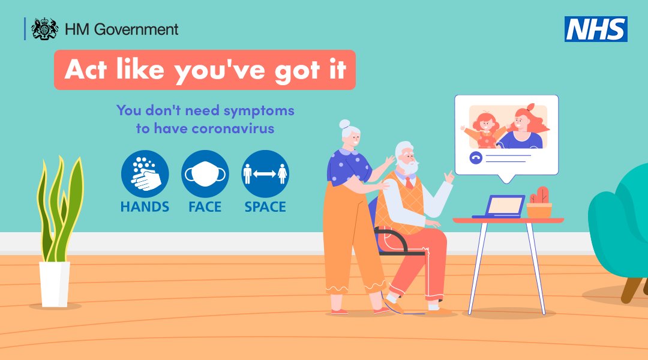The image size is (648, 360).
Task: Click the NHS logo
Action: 595,29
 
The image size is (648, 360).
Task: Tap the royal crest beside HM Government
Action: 44,29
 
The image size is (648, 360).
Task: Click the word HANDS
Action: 145,207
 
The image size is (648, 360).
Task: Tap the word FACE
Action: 205,207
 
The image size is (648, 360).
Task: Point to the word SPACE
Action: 265,207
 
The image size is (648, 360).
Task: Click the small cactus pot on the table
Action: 539,204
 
